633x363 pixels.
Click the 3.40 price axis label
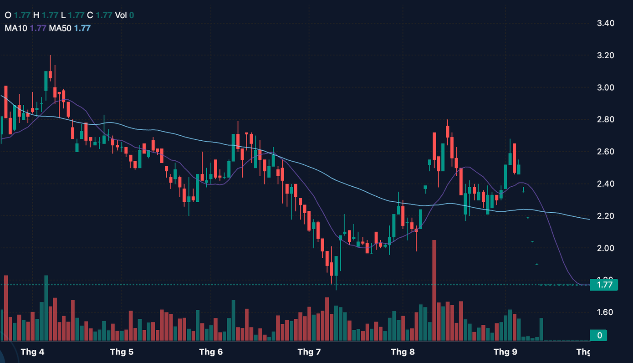point(606,23)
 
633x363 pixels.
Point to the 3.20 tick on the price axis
point(606,56)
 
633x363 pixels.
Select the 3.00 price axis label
point(606,87)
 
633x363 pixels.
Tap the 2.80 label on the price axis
point(606,120)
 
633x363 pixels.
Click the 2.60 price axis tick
point(606,152)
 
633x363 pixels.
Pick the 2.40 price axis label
point(606,184)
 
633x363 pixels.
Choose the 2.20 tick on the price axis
point(606,216)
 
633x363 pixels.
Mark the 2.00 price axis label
point(606,248)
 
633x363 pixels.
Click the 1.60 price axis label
point(606,312)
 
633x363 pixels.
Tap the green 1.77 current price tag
point(603,285)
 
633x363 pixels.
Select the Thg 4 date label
point(33,352)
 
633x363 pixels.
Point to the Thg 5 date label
point(122,352)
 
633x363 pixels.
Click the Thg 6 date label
point(211,352)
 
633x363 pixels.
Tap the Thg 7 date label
point(309,352)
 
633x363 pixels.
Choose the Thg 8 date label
point(403,352)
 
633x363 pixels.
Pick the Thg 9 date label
point(505,352)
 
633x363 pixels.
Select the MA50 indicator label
point(60,28)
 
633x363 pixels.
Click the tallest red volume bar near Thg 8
point(434,291)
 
